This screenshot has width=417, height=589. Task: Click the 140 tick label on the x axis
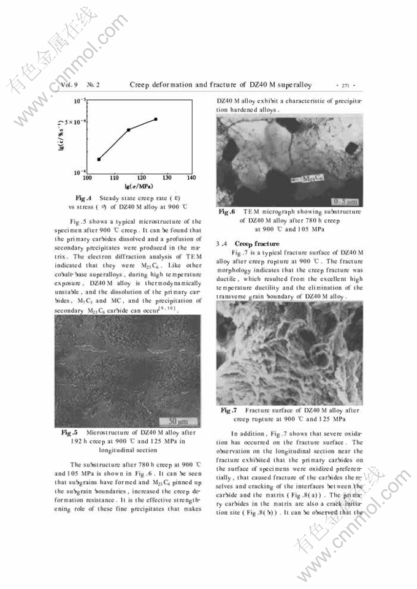click(x=191, y=178)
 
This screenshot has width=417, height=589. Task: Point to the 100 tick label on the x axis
click(x=87, y=178)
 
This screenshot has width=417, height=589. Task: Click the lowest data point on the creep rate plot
click(x=99, y=159)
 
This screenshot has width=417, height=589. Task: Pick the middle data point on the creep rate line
click(x=128, y=130)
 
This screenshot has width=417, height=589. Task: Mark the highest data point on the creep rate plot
click(x=156, y=119)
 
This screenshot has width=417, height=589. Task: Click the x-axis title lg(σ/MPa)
click(x=138, y=186)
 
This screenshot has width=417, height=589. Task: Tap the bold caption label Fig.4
click(x=83, y=198)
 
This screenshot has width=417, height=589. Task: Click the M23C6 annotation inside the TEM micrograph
click(x=313, y=180)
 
